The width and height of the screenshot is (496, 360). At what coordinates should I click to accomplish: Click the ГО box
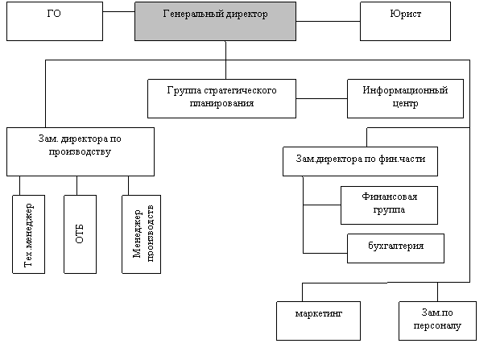tap(55, 22)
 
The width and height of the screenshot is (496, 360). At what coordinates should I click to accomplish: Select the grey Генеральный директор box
tap(215, 22)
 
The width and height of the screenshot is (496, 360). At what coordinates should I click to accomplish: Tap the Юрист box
tap(405, 22)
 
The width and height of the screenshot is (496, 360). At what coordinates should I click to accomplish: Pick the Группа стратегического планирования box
tap(221, 97)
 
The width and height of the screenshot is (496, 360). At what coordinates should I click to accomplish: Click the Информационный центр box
tap(405, 97)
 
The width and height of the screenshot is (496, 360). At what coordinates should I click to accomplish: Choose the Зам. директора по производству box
tap(81, 151)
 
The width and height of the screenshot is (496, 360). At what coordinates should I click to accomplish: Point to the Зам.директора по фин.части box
tap(360, 161)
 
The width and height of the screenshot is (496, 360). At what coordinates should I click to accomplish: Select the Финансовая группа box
tap(389, 205)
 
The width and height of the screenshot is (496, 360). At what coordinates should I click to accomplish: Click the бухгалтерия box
tap(395, 248)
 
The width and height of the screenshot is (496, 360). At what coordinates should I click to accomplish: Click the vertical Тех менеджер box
tap(29, 234)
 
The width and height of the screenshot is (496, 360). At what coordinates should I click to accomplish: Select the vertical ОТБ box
tap(80, 234)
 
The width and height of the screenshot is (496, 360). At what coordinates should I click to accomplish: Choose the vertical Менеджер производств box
tap(143, 234)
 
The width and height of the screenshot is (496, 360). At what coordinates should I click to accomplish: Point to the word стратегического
tap(241, 90)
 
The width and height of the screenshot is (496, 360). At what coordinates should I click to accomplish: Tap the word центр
tap(405, 103)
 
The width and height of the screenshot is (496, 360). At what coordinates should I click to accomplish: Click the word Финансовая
tap(389, 197)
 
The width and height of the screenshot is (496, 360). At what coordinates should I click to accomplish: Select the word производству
tap(81, 151)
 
